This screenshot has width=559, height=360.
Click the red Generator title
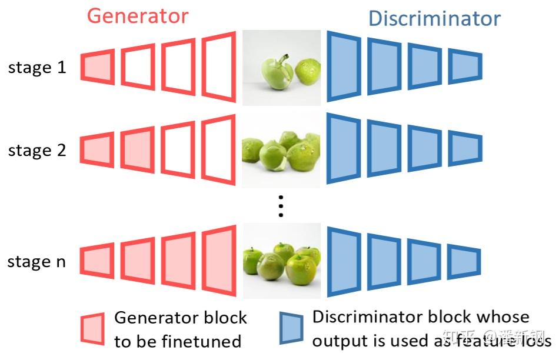[x=138, y=16]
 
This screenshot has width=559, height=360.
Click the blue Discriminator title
[x=434, y=18]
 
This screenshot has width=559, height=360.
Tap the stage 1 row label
[x=37, y=68]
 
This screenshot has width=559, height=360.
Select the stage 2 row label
[x=37, y=151]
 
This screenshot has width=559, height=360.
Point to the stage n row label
[x=36, y=262]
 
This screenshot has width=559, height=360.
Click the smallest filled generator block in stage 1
[x=97, y=67]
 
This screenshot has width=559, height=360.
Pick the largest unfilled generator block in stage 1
[x=219, y=66]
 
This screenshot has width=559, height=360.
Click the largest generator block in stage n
[x=219, y=261]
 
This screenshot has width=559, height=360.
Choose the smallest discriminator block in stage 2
[x=465, y=149]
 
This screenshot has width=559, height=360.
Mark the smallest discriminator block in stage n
[x=465, y=261]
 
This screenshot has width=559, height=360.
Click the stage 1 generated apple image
[x=282, y=68]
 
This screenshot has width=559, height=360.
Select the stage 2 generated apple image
[x=282, y=151]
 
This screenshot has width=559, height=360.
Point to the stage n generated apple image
[x=282, y=261]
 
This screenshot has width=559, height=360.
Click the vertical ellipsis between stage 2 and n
[x=281, y=206]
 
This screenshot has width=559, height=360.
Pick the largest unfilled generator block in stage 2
[x=219, y=149]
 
